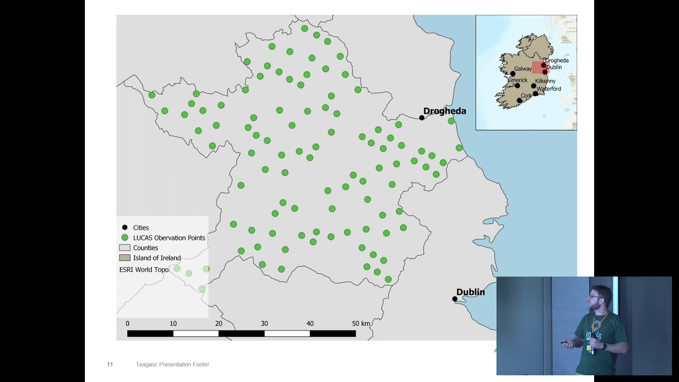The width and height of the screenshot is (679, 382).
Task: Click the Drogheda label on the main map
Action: [445, 111]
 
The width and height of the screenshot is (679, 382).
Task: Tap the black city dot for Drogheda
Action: [422, 118]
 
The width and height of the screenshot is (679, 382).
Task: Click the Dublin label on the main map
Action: [471, 292]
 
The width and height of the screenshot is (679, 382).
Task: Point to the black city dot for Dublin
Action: [455, 299]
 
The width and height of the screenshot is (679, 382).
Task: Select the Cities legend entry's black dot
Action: [125, 228]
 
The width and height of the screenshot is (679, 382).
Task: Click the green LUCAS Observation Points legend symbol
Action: [125, 238]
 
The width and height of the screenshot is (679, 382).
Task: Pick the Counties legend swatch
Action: [125, 248]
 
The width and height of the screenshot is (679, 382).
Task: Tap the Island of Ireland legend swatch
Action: [125, 258]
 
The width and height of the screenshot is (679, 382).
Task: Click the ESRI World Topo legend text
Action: [144, 270]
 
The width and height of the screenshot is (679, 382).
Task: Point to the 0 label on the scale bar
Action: [127, 323]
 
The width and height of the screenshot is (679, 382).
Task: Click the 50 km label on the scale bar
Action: [361, 323]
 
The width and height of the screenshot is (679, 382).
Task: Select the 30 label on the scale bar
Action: [264, 323]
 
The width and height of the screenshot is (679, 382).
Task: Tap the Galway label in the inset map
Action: [523, 69]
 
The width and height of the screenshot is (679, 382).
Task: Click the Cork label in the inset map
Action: [526, 96]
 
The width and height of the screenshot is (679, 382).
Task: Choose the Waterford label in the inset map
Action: [549, 89]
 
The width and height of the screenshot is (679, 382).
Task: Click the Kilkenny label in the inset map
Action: [545, 81]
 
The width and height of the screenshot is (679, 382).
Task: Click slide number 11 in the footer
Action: [110, 364]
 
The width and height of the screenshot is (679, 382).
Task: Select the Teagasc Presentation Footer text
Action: [172, 364]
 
